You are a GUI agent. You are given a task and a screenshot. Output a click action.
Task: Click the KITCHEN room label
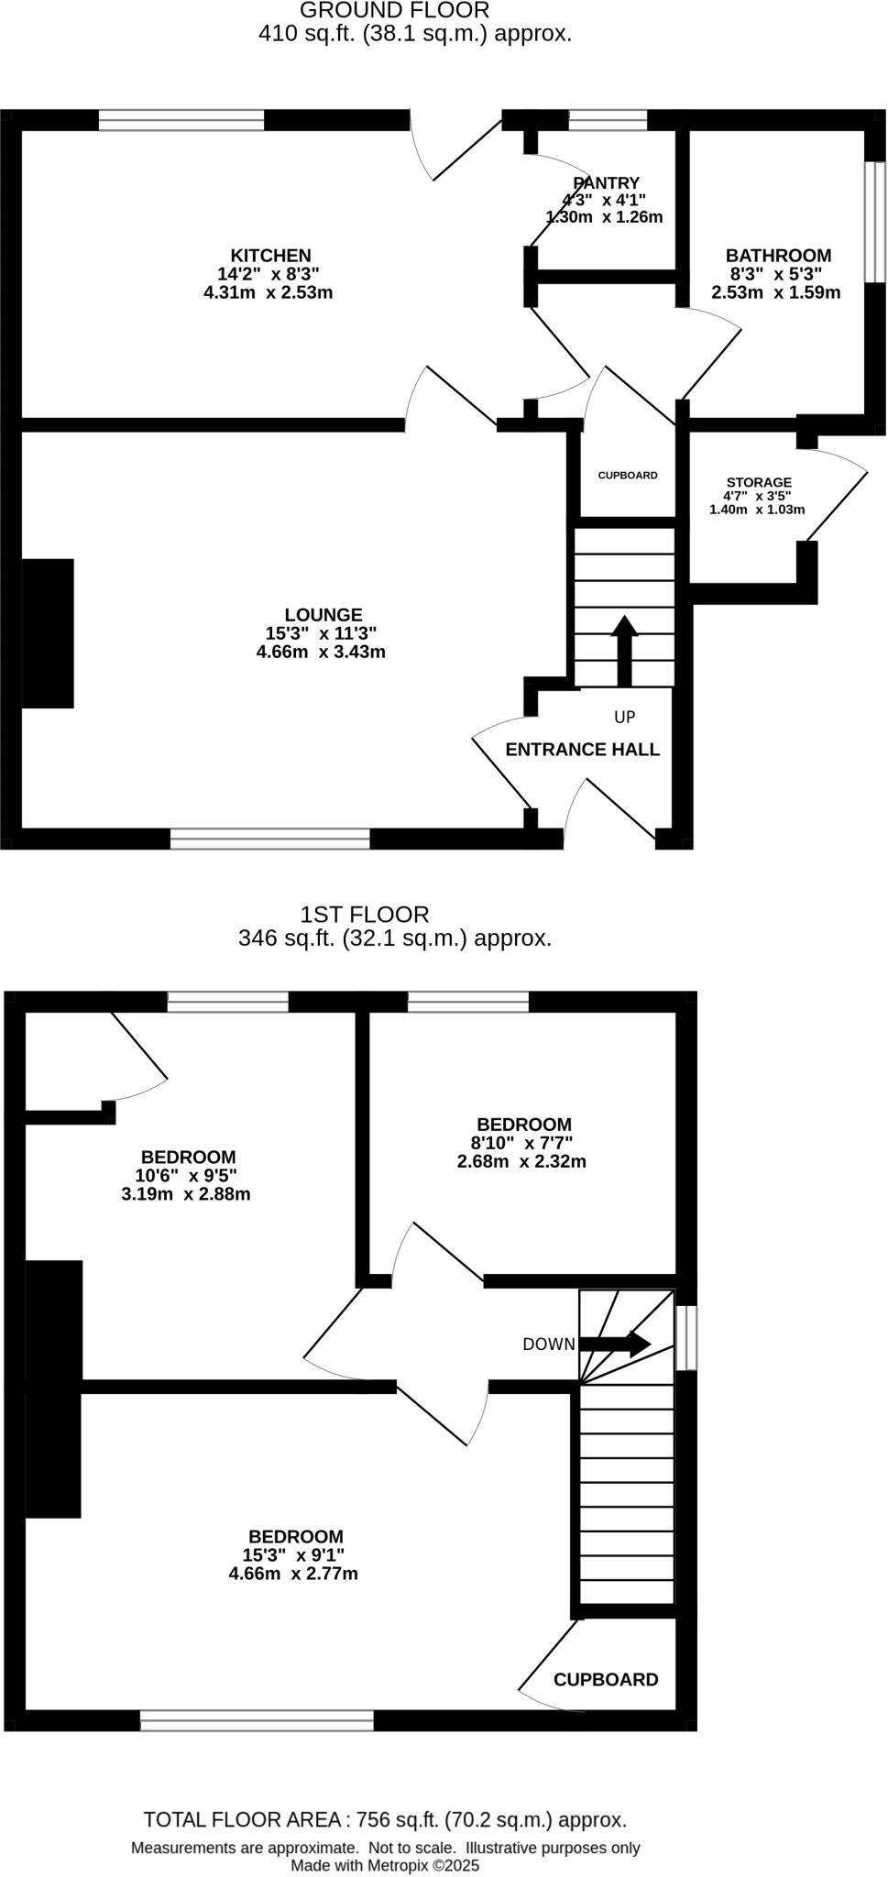click(270, 256)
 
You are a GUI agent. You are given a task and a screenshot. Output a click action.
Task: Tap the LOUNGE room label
click(323, 615)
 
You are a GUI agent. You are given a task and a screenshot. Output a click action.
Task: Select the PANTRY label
click(606, 183)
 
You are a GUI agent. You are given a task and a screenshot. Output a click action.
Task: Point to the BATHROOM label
click(778, 256)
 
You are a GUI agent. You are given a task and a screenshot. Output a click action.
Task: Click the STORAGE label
click(759, 482)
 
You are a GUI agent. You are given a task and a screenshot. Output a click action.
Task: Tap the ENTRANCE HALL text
click(582, 749)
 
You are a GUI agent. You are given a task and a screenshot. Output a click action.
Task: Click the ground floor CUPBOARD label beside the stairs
click(628, 476)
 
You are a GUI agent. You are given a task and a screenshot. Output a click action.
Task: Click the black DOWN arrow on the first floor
click(616, 1344)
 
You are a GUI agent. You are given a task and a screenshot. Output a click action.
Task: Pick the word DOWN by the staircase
click(548, 1345)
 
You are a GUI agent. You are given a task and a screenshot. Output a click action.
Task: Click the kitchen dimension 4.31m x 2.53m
click(268, 293)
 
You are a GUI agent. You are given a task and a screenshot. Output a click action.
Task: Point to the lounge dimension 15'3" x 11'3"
click(321, 633)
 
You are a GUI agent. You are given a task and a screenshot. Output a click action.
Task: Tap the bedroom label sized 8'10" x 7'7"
click(523, 1125)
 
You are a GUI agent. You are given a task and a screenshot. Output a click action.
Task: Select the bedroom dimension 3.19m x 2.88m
click(185, 1194)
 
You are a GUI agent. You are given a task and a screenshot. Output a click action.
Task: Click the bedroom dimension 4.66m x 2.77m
click(293, 1574)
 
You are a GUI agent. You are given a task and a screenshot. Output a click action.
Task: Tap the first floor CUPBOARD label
click(606, 1679)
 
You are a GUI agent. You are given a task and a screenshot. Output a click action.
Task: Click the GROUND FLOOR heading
click(394, 11)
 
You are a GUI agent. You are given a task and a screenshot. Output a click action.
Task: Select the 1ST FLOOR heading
click(365, 914)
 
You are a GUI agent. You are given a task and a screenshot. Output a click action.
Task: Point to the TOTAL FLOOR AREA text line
click(385, 1819)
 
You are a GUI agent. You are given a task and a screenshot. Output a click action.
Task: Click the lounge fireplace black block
click(48, 633)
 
